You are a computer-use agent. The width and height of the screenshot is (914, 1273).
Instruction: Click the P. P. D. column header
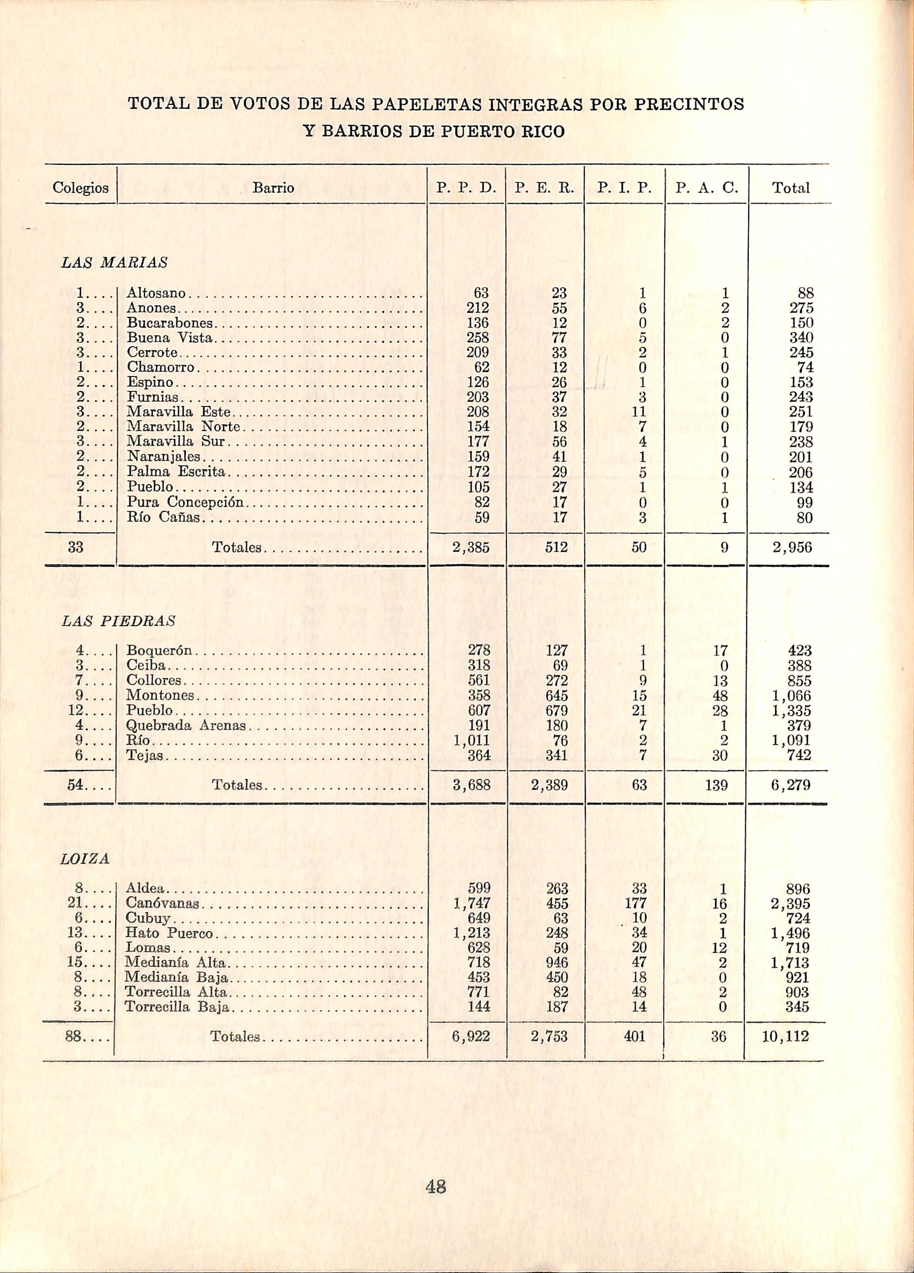tap(465, 188)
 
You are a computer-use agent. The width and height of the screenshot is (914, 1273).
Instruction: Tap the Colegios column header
tap(80, 188)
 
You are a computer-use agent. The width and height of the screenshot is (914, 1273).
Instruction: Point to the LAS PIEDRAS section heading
tap(118, 621)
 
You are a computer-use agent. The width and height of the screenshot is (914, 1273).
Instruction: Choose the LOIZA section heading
tap(85, 859)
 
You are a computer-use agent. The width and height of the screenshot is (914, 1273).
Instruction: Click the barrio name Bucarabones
tap(170, 323)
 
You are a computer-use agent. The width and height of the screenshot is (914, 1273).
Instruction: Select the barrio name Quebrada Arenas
tap(186, 725)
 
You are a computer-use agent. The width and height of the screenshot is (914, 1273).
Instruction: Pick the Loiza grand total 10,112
tap(786, 1037)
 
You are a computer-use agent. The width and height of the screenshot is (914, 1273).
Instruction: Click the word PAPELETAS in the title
tap(428, 104)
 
